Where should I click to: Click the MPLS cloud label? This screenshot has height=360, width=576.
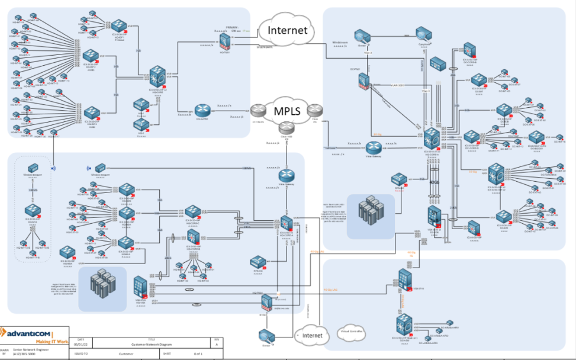pyautogui.click(x=287, y=111)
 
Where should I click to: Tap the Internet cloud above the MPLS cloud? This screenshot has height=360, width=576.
pyautogui.click(x=287, y=30)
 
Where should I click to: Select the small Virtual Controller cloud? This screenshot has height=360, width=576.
pyautogui.click(x=353, y=331)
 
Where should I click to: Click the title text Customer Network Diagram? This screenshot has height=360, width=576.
pyautogui.click(x=149, y=344)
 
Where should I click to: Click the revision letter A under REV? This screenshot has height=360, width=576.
pyautogui.click(x=217, y=344)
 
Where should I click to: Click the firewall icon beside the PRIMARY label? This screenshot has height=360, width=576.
pyautogui.click(x=224, y=41)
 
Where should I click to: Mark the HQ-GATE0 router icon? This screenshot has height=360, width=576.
pyautogui.click(x=201, y=111)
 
